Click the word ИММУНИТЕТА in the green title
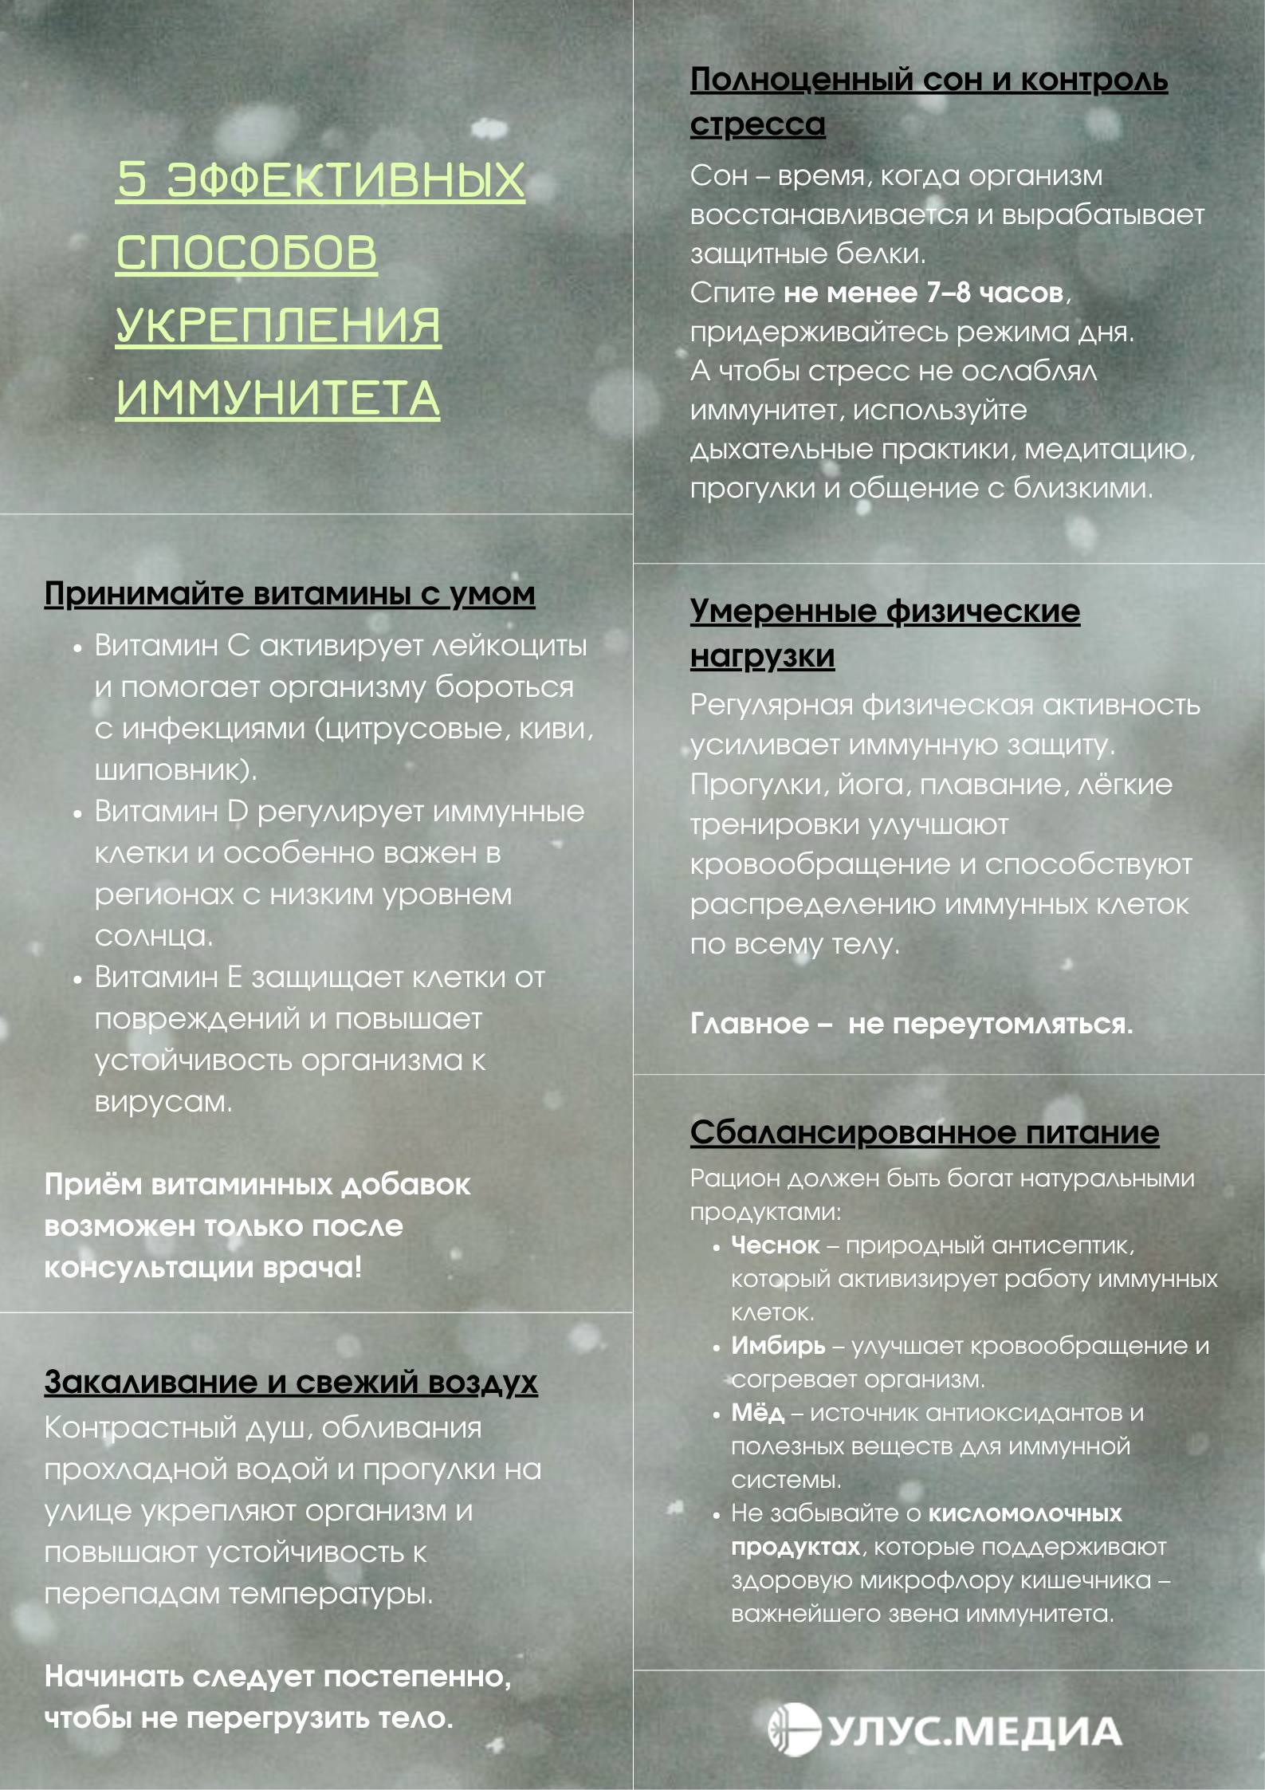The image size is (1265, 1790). (x=277, y=398)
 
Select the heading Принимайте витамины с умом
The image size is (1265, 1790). (x=289, y=594)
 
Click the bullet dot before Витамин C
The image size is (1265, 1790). (x=77, y=648)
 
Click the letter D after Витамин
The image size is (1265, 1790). (x=238, y=812)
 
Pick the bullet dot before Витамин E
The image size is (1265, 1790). (x=77, y=980)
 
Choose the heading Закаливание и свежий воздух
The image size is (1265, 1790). (x=291, y=1382)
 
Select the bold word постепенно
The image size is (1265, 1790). (x=417, y=1676)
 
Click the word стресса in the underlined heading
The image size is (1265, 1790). (x=757, y=124)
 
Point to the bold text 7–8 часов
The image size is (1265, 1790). (x=994, y=293)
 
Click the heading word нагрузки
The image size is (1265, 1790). (x=762, y=656)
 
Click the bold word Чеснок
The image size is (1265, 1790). (x=775, y=1245)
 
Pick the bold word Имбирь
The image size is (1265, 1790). (x=778, y=1346)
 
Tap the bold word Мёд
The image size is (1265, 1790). (x=757, y=1413)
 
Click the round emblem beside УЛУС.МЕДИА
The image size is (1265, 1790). (x=794, y=1730)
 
